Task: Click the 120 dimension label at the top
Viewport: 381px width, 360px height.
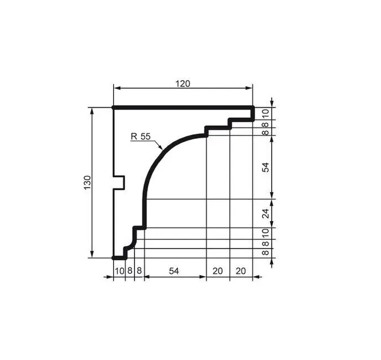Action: [x=182, y=84]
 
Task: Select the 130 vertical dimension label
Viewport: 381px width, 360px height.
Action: [x=87, y=182]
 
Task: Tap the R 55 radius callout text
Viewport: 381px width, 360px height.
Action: [x=141, y=137]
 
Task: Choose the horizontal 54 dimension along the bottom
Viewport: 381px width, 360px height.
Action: [x=174, y=271]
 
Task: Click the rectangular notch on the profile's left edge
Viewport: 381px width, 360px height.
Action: [x=119, y=182]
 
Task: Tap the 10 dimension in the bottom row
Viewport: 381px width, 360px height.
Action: [x=120, y=271]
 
